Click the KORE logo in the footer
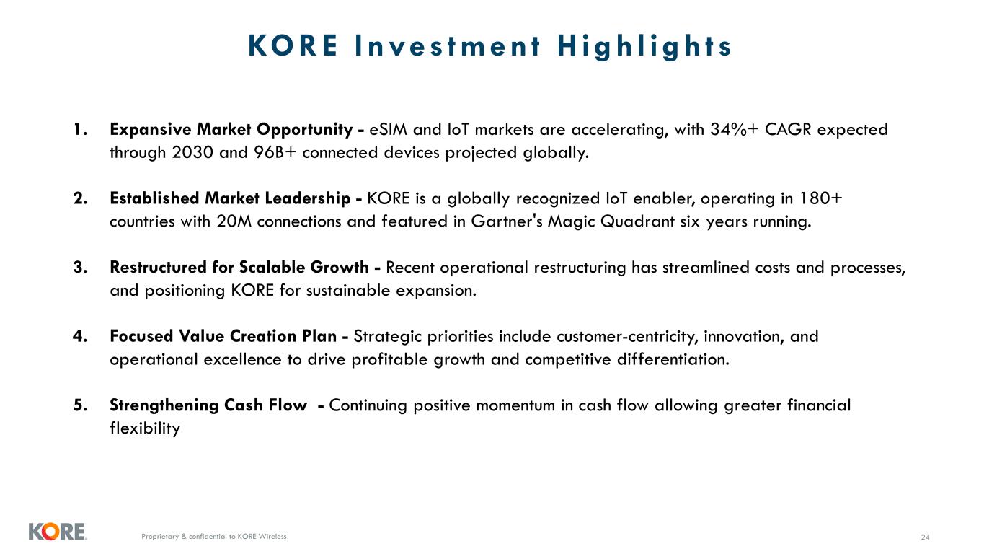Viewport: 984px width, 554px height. [x=58, y=532]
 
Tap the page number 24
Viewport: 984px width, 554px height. [x=925, y=537]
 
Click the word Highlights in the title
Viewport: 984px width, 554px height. [x=644, y=46]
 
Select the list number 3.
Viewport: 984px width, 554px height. [x=81, y=268]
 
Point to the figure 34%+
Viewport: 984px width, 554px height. [x=735, y=129]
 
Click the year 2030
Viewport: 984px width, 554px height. [x=192, y=153]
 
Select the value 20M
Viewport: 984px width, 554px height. [x=234, y=221]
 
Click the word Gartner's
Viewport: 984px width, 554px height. [x=507, y=221]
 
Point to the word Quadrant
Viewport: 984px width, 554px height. [x=637, y=221]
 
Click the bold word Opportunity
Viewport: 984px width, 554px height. [x=304, y=130]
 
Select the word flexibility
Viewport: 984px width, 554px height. [x=145, y=428]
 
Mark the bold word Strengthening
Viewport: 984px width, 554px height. [x=164, y=405]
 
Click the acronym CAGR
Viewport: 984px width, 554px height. [x=788, y=129]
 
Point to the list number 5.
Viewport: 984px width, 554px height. [x=81, y=405]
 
